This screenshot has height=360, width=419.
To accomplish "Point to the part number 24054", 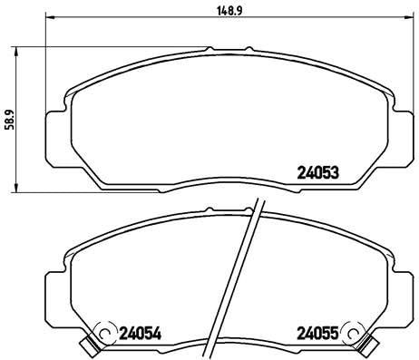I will click(x=141, y=335).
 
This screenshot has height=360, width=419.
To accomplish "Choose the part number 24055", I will click(x=317, y=335).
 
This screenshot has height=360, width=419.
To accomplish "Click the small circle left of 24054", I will click(x=102, y=335).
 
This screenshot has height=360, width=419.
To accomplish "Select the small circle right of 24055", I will click(x=355, y=335).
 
